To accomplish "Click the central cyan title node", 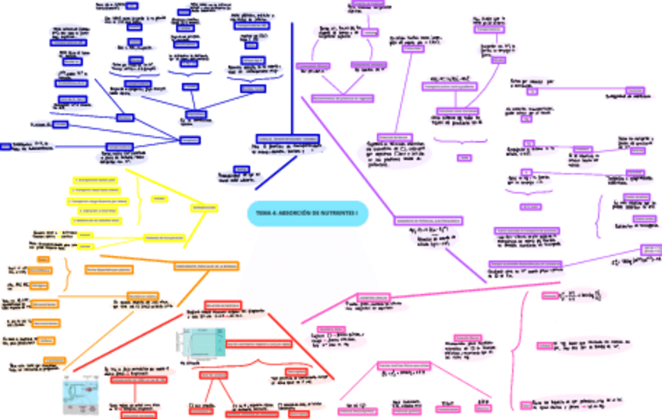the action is click(x=308, y=213).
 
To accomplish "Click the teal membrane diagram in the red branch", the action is click(x=200, y=343).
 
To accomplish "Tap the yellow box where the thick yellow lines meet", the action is click(x=200, y=207).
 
